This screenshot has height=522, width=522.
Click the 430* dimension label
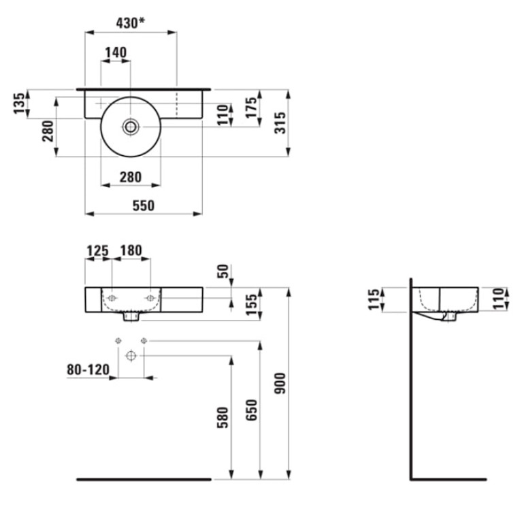pos(130,23)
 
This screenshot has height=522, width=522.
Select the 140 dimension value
pos(116,52)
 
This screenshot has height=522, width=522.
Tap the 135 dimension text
pos(19,103)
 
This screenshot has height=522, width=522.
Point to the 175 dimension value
pos(251,107)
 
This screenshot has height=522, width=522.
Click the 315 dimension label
pos(280,123)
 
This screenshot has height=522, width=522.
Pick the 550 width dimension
pos(144,206)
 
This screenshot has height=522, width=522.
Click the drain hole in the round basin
pos(131,127)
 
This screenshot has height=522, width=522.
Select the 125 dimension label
pos(97,250)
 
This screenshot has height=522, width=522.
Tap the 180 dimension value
pos(131,250)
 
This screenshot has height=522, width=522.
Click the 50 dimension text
pos(223,271)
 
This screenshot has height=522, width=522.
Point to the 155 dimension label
pos(251,304)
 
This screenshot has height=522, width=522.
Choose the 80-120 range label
pos(88,370)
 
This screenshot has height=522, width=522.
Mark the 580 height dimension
pos(223,417)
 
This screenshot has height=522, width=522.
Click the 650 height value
pos(252,410)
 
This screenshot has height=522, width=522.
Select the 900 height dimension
pos(280,383)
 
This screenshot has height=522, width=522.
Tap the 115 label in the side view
pos(374,299)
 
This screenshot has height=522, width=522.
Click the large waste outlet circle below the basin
pos(131,355)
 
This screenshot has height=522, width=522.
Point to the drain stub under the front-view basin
pos(131,316)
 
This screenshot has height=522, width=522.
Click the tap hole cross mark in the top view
pos(101,103)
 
